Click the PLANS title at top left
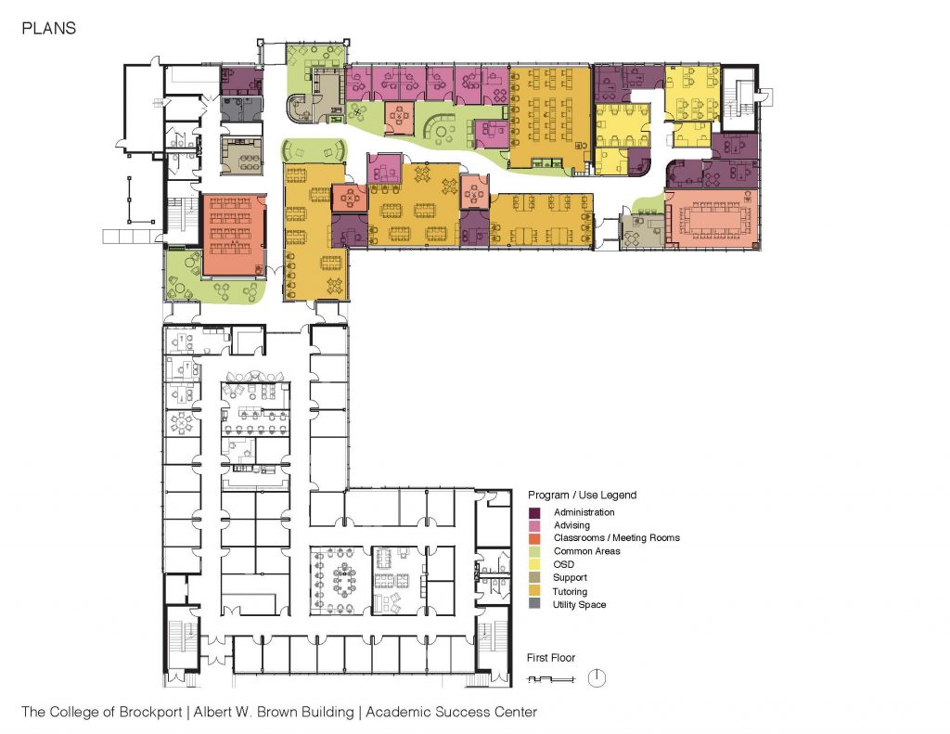point(48,29)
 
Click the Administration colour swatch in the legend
point(534,513)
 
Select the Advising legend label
point(571,525)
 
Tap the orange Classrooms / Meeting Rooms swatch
point(534,538)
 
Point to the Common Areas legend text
point(586,551)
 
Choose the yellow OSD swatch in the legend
point(534,565)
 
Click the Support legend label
point(571,577)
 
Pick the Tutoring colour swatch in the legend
point(534,592)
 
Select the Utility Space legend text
point(579,605)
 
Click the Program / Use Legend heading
point(582,496)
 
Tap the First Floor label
point(551,658)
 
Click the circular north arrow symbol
point(597,677)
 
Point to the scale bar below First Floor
point(551,679)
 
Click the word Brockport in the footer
point(150,712)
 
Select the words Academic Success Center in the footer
point(452,712)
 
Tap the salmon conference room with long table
point(712,219)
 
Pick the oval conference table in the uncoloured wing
point(346,580)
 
